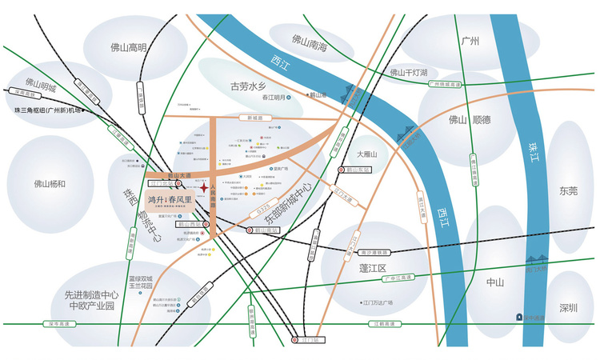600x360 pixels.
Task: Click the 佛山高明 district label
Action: pos(129,47)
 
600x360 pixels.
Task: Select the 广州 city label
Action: pos(470,42)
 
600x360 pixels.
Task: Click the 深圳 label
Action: pos(569,307)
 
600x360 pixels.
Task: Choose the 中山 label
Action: pos(495,283)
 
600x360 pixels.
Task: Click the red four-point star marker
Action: pos(205,189)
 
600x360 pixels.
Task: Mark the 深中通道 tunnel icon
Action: pos(530,316)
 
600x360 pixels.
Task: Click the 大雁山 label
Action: pos(366,153)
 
